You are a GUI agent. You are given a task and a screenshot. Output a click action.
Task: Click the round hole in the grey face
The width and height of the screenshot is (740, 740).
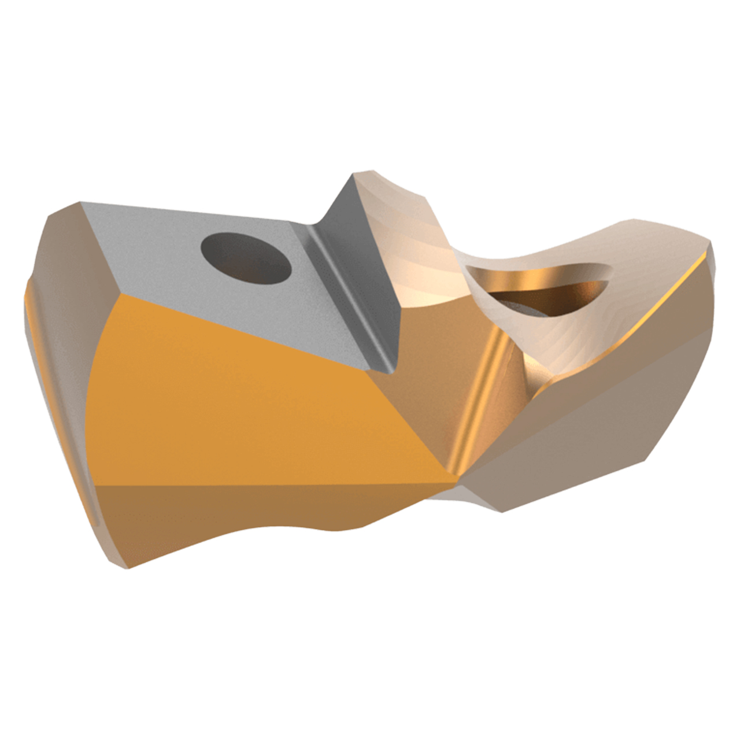(245, 258)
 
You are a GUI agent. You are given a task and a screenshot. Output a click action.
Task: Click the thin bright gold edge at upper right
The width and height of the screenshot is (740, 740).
(665, 301)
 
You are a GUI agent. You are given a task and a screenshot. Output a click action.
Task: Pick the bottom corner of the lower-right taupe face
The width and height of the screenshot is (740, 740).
(501, 511)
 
